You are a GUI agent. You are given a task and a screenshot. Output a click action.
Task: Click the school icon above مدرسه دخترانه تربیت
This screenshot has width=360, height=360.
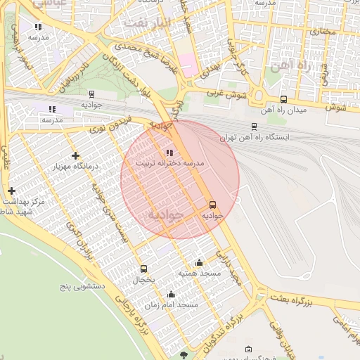(x=169, y=152)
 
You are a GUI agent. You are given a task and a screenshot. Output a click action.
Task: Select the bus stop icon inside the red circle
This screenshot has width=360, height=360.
(x=213, y=205)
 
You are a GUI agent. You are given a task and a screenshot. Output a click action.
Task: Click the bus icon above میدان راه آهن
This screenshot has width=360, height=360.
(x=283, y=99)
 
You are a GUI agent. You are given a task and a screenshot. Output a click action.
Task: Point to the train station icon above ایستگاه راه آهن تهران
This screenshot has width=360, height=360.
(x=254, y=127)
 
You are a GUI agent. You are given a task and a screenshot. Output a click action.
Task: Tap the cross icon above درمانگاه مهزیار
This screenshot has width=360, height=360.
(x=75, y=155)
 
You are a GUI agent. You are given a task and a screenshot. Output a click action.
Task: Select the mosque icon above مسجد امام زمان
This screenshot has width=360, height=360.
(x=171, y=294)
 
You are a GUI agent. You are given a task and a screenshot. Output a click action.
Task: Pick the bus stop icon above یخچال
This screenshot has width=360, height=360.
(x=144, y=269)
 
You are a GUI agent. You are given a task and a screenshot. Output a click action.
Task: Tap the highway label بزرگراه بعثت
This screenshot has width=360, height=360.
(x=290, y=302)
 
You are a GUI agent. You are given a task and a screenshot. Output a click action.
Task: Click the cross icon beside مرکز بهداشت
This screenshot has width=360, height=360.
(x=11, y=191)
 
